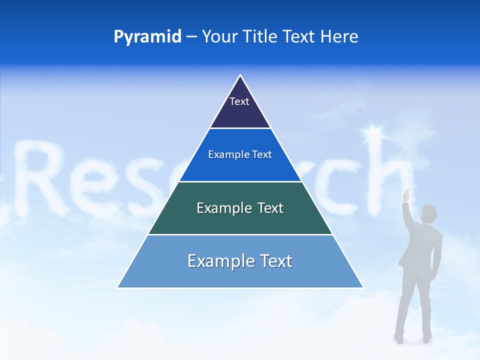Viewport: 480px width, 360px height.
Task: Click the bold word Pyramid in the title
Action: pyautogui.click(x=147, y=37)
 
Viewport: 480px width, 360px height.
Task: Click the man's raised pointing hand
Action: pyautogui.click(x=406, y=194)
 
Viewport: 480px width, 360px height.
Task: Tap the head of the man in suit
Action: pyautogui.click(x=428, y=214)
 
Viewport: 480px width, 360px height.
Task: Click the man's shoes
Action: pyautogui.click(x=412, y=338)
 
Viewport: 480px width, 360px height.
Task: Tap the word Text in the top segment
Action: pyautogui.click(x=239, y=101)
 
